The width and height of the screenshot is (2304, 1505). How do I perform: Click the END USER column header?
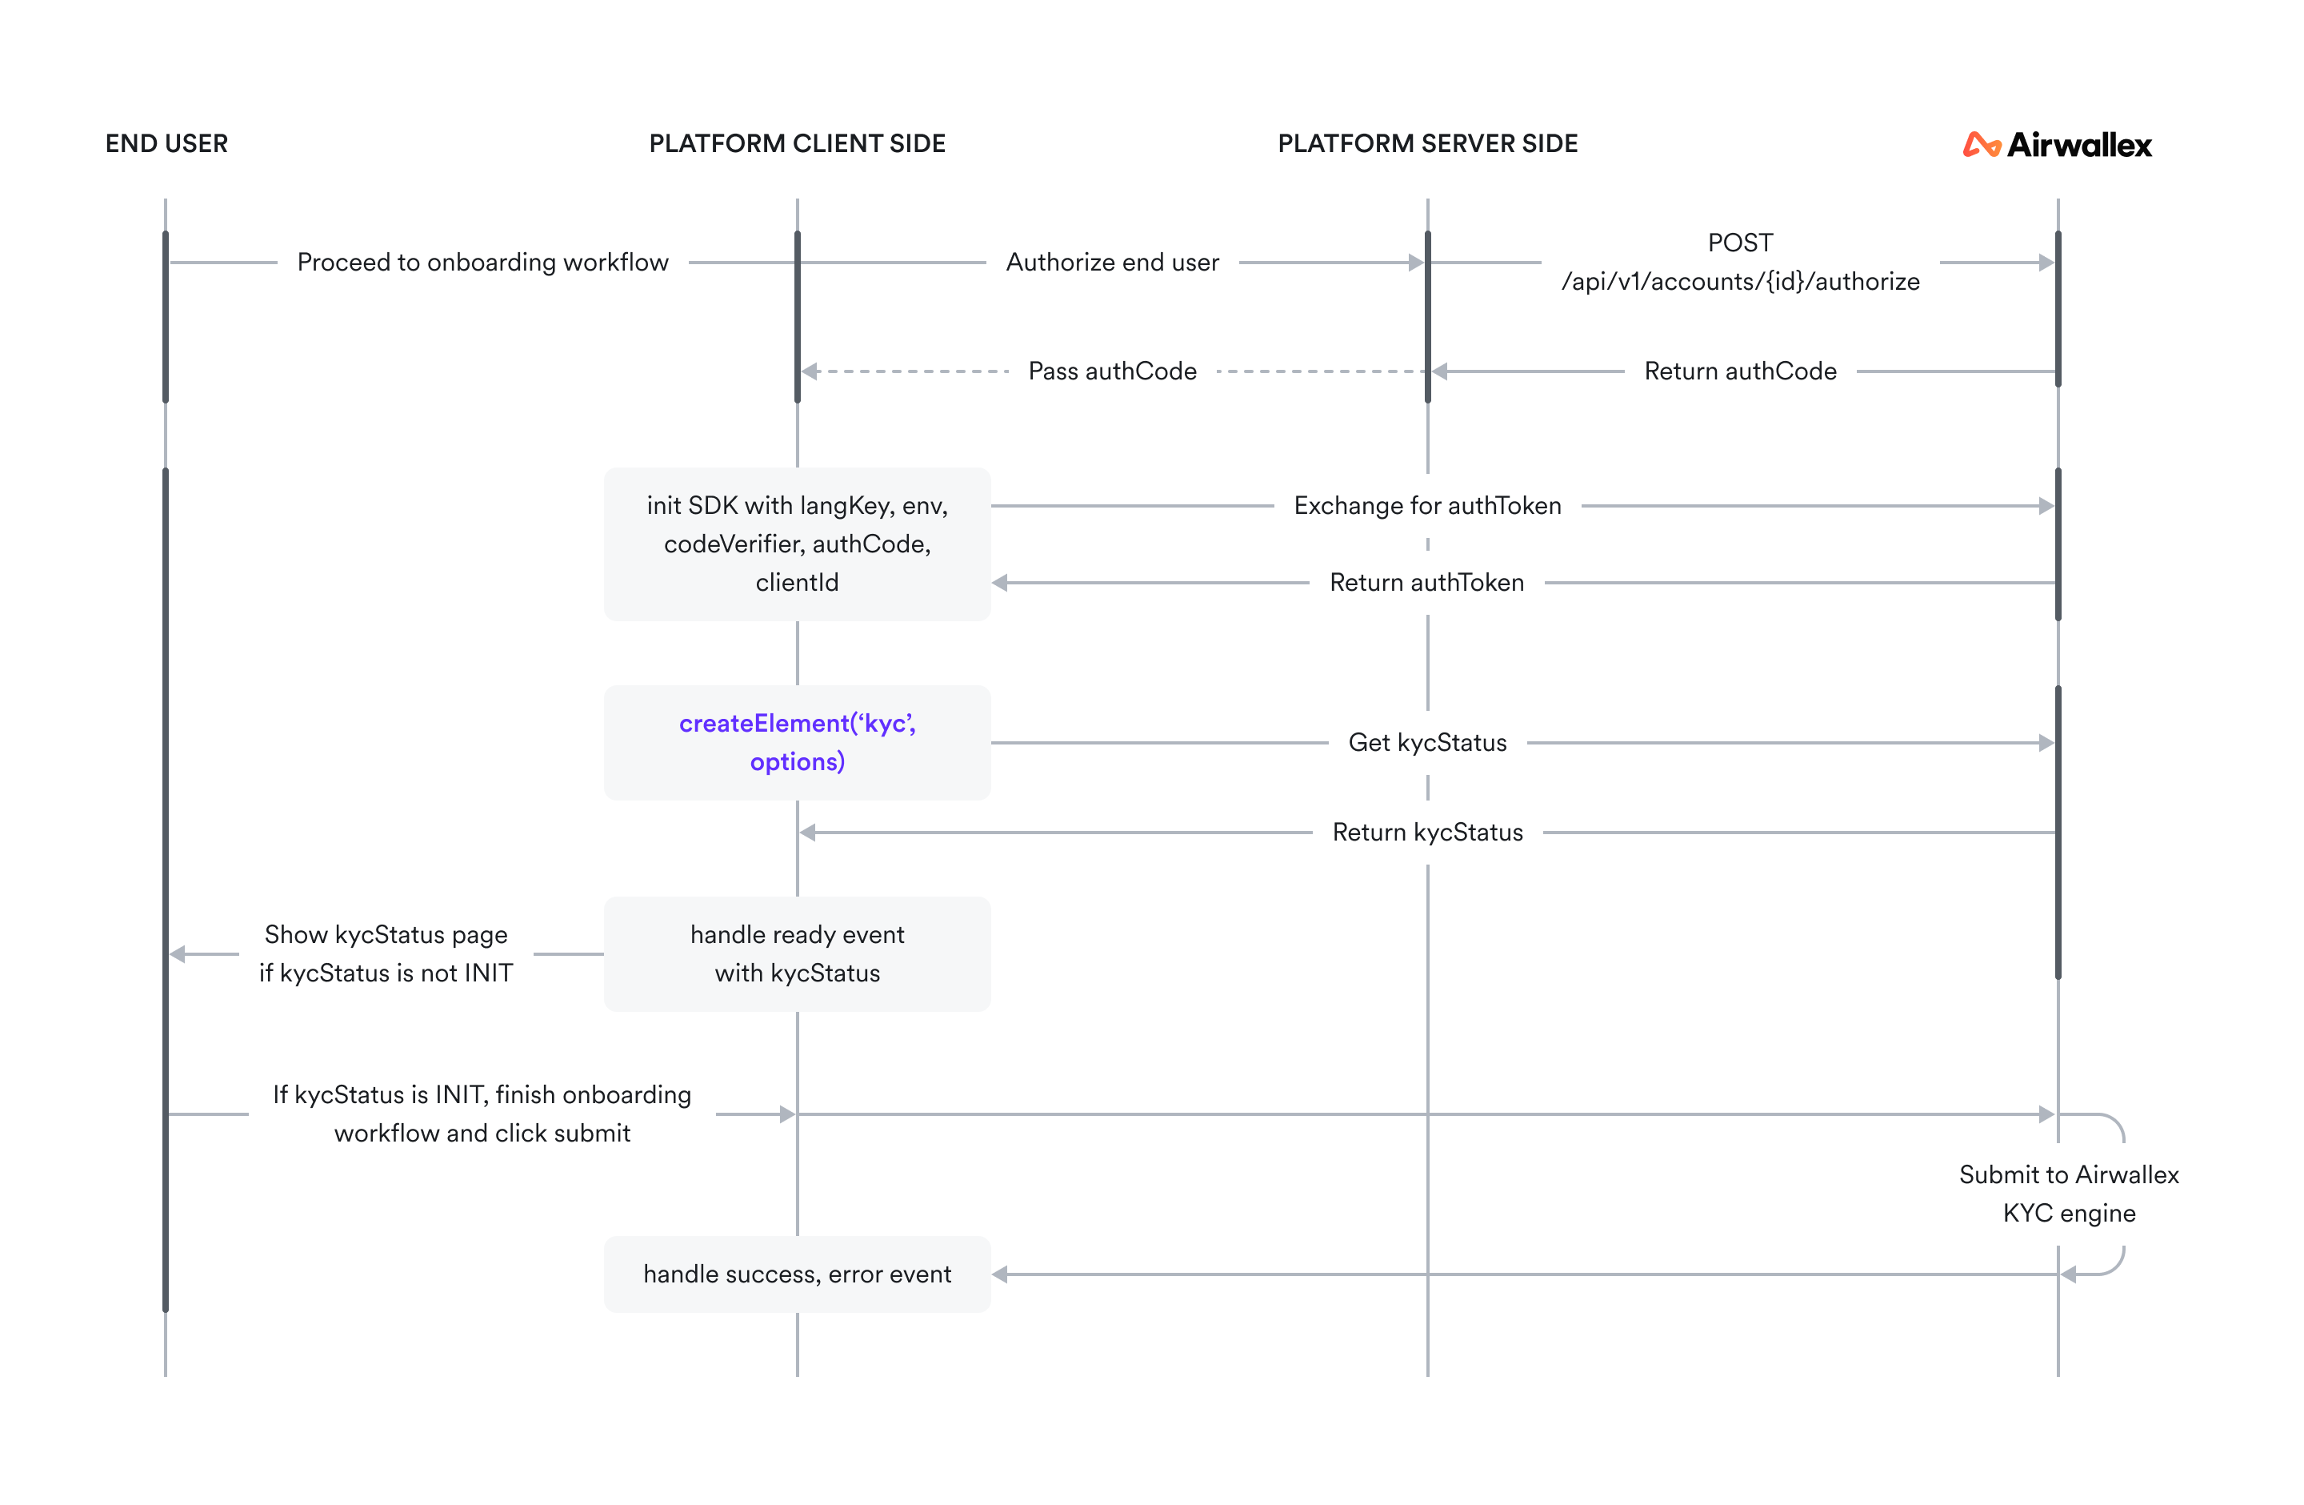(166, 143)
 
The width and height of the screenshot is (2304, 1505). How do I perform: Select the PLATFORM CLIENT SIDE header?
(797, 143)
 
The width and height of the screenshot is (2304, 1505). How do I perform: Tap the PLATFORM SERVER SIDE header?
(1427, 143)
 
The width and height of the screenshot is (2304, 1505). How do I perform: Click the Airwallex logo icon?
(1981, 145)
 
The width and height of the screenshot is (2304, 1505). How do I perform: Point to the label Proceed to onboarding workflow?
(482, 263)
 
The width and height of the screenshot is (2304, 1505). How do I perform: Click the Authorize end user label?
(1112, 263)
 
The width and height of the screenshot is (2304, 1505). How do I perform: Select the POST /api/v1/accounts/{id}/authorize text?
(1740, 263)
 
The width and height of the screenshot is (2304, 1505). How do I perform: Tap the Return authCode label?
(1740, 371)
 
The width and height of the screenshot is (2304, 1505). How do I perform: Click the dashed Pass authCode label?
(1112, 371)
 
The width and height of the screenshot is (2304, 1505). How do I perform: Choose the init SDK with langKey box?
(797, 544)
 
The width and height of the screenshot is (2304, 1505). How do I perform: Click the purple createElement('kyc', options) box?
(797, 743)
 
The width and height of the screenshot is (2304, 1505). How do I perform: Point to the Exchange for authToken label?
(1427, 506)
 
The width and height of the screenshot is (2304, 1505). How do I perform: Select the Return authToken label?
(1427, 582)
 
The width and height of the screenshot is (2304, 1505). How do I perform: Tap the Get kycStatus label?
(1427, 743)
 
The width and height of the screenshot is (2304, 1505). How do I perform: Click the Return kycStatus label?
(1427, 832)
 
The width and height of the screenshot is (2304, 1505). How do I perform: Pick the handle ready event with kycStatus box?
(797, 954)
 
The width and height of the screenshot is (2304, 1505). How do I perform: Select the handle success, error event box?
(797, 1274)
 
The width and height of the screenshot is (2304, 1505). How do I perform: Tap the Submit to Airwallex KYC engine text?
(2069, 1193)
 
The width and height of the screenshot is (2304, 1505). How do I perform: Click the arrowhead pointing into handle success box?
(1001, 1274)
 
